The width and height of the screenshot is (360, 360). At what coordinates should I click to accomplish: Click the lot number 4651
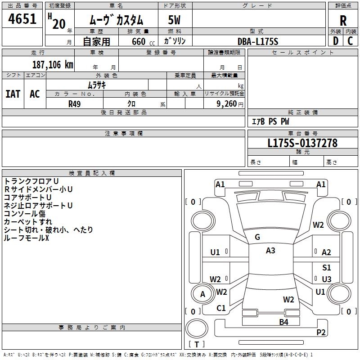click(x=22, y=20)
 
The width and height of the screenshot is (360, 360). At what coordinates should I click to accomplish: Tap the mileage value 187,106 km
click(x=53, y=65)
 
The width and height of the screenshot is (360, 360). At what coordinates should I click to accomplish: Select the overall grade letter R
click(x=343, y=20)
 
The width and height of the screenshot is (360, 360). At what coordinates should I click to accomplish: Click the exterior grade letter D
click(x=335, y=41)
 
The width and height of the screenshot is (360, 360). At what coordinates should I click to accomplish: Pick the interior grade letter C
click(x=351, y=41)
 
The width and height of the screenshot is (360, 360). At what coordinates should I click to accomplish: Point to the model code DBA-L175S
click(x=258, y=41)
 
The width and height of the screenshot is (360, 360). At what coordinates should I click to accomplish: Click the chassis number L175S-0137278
click(x=302, y=144)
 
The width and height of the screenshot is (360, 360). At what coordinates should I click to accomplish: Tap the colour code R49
click(x=74, y=103)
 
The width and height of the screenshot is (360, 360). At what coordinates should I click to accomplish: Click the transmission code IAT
click(x=13, y=94)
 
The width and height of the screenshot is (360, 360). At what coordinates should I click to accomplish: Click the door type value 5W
click(x=174, y=21)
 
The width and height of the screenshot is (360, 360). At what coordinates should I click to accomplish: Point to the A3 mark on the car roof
click(x=270, y=251)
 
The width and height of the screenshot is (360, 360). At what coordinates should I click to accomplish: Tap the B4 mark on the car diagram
click(x=283, y=322)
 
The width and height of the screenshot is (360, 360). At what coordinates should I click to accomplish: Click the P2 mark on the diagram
click(x=321, y=332)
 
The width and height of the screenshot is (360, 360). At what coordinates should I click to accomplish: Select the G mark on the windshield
click(x=257, y=237)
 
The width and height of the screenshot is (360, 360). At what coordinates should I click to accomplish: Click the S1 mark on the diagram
click(x=326, y=268)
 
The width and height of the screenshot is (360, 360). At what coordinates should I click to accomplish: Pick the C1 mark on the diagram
click(x=221, y=308)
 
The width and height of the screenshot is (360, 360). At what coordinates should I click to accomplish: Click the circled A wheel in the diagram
click(x=202, y=294)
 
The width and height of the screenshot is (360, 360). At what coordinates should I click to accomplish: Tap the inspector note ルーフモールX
click(x=26, y=238)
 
